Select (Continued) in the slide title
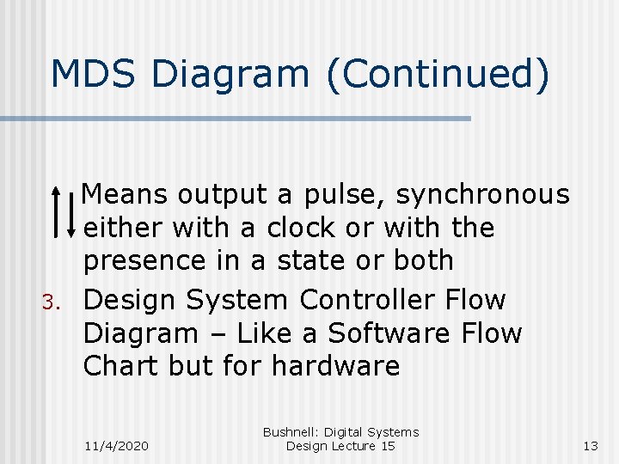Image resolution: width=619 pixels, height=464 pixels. point(438,75)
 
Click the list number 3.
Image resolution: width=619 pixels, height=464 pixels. point(50,302)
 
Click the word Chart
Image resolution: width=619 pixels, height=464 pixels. point(121,366)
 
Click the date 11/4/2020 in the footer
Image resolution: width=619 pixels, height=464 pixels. point(116,446)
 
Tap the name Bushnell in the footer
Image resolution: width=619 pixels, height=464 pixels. point(291,432)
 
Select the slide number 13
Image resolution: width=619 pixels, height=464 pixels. point(589,446)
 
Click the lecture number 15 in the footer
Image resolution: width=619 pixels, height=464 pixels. point(387,446)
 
